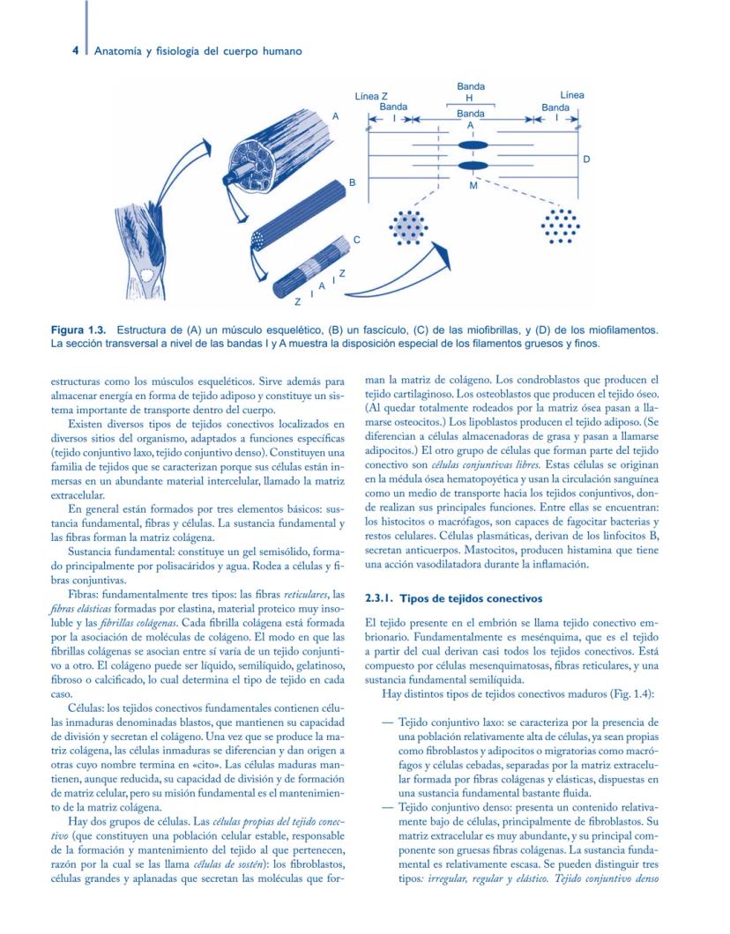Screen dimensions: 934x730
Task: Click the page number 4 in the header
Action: pos(77,51)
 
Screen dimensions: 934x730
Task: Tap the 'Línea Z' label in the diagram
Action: pos(371,95)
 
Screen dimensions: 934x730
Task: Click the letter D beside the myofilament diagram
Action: pos(586,159)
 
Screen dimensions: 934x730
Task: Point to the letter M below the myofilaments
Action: pos(473,186)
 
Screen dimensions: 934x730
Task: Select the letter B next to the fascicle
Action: pos(351,182)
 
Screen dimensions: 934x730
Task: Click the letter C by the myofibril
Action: pos(357,240)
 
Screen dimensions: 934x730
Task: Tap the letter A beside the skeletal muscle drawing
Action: pos(335,115)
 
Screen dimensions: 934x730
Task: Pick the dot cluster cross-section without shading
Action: pos(560,228)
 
